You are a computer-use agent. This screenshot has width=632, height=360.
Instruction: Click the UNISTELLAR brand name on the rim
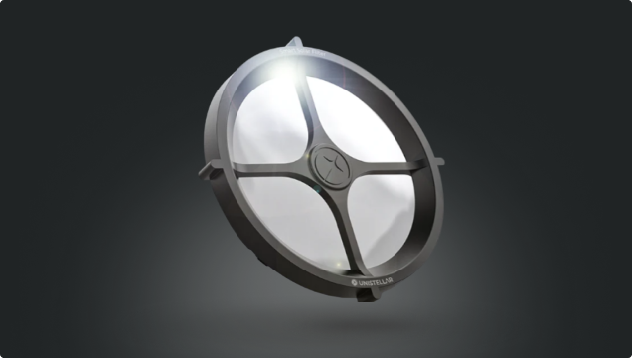(375, 281)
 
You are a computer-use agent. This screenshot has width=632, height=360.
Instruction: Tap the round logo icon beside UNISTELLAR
(355, 282)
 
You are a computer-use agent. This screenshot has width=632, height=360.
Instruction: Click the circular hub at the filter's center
(331, 166)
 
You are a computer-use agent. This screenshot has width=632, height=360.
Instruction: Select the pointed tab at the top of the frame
(295, 42)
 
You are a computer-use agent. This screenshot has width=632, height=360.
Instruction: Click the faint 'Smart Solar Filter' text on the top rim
(303, 52)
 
